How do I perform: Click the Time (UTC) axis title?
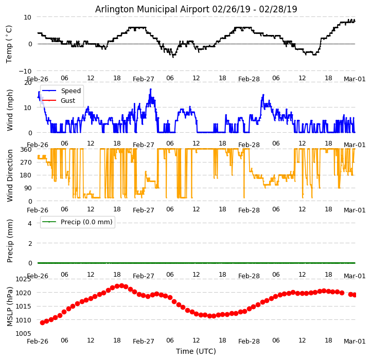coord(196,351)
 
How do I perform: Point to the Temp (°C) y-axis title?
coord(9,44)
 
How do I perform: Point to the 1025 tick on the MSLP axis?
coord(23,279)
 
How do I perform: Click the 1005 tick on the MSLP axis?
coord(23,333)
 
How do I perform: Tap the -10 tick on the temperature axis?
coord(25,71)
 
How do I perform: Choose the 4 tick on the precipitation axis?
coord(29,223)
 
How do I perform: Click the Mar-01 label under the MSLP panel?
coord(355,341)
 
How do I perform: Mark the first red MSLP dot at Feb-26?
coord(42,322)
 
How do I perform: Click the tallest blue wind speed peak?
coord(151,89)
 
